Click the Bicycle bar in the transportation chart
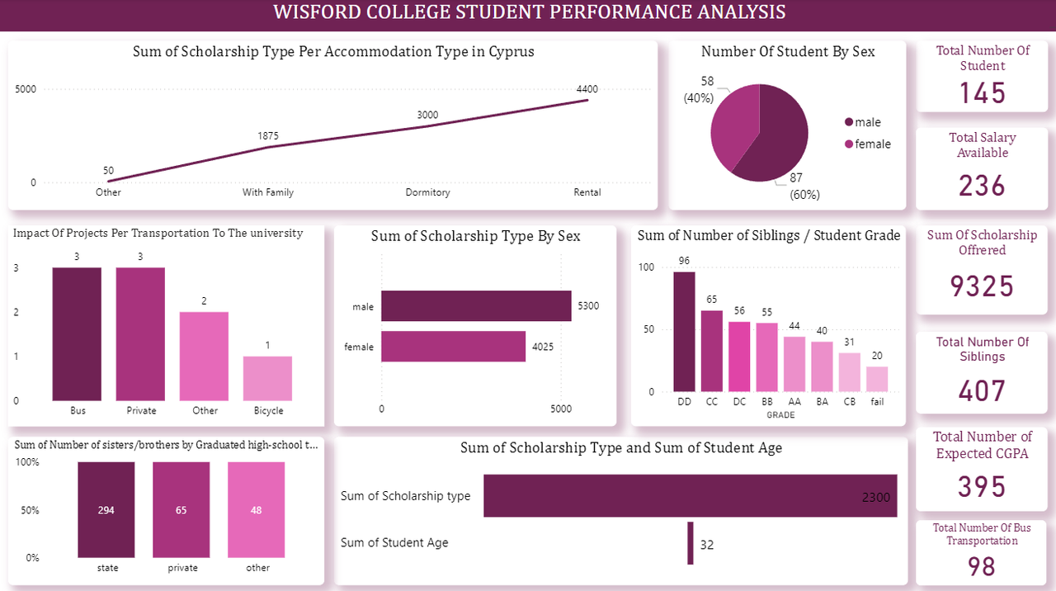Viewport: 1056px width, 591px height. (268, 378)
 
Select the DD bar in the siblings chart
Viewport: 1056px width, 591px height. (684, 332)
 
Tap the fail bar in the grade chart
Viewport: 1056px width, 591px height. (877, 379)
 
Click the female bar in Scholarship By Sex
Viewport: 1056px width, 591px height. (453, 347)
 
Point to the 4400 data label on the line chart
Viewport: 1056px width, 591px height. (587, 89)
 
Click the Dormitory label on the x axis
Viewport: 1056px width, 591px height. (427, 192)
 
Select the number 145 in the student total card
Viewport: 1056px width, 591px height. (982, 92)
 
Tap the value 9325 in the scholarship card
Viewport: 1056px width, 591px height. (982, 286)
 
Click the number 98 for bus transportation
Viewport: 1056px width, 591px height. (982, 566)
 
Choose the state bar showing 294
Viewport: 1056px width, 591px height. (106, 509)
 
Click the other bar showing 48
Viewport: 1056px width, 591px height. (257, 509)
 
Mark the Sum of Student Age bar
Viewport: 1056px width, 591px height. (691, 543)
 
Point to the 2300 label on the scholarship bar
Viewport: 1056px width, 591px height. (875, 497)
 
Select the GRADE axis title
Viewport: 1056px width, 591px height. (780, 415)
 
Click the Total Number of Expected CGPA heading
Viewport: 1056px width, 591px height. (982, 445)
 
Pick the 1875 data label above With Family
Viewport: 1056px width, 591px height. (267, 135)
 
